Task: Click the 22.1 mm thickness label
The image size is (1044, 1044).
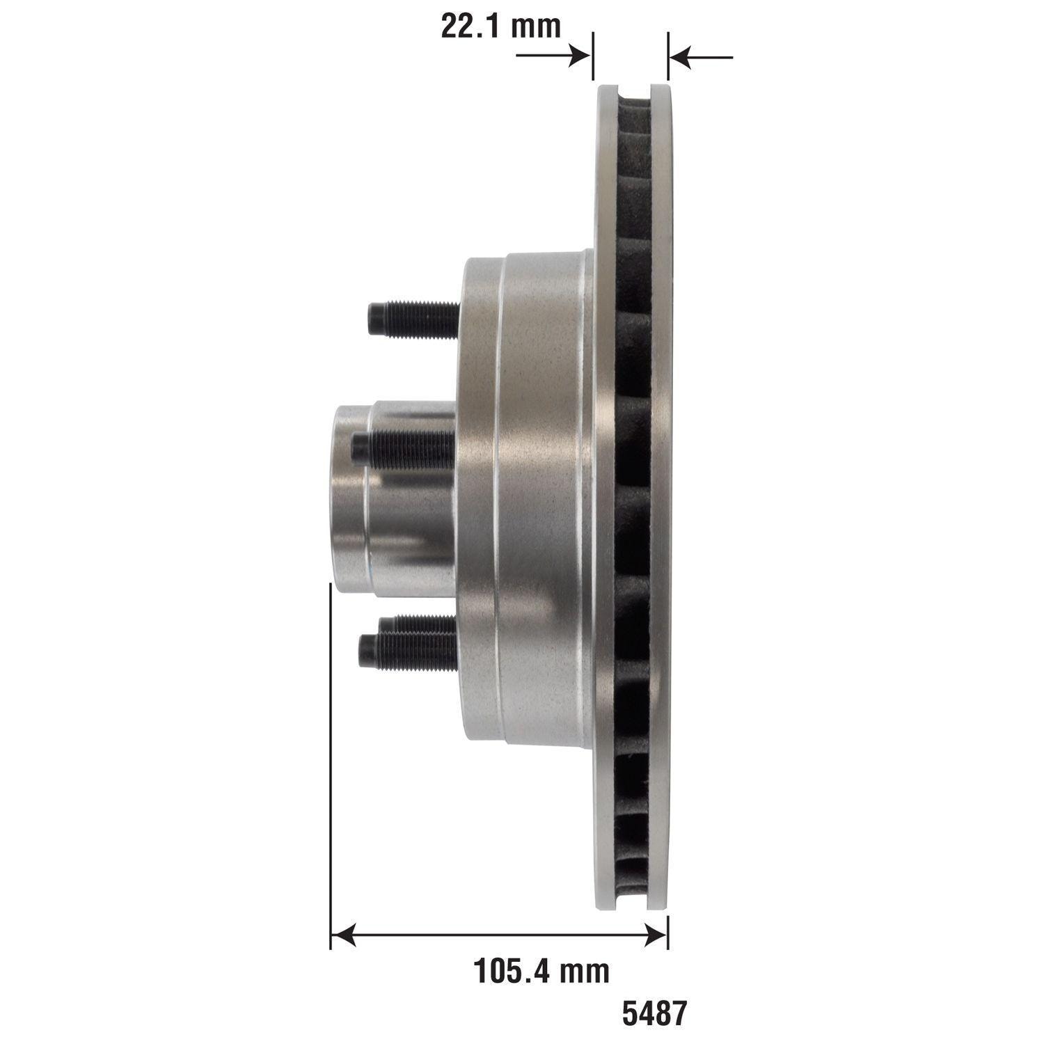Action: click(500, 26)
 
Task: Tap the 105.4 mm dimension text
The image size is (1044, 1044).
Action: click(541, 970)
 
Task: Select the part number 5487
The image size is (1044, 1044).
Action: click(654, 1013)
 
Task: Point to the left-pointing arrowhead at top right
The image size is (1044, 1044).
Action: click(681, 56)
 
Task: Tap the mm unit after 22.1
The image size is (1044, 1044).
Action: click(536, 26)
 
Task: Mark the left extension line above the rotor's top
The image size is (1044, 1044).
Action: click(592, 56)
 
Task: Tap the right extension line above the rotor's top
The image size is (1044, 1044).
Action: click(668, 56)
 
